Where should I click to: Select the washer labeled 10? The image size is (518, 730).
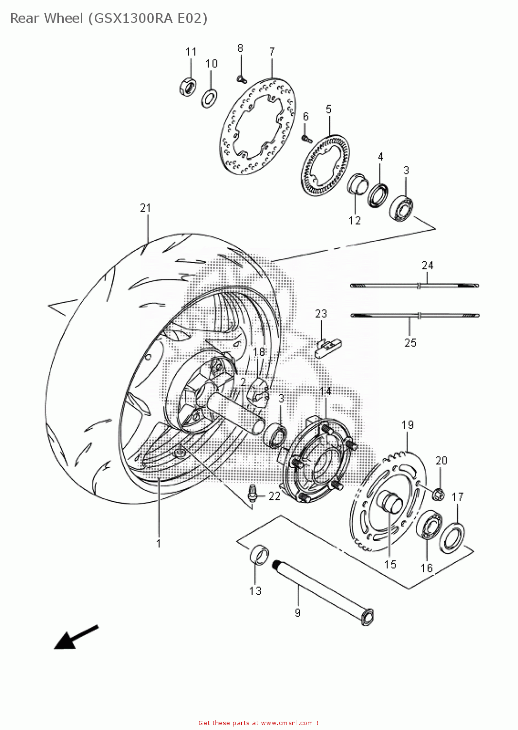(209, 98)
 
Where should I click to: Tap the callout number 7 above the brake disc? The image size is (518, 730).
(272, 52)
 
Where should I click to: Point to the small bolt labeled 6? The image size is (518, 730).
(306, 138)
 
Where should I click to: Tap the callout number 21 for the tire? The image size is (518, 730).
(145, 208)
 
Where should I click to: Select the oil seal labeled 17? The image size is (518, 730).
(452, 538)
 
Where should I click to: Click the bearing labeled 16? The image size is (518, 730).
(429, 526)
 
